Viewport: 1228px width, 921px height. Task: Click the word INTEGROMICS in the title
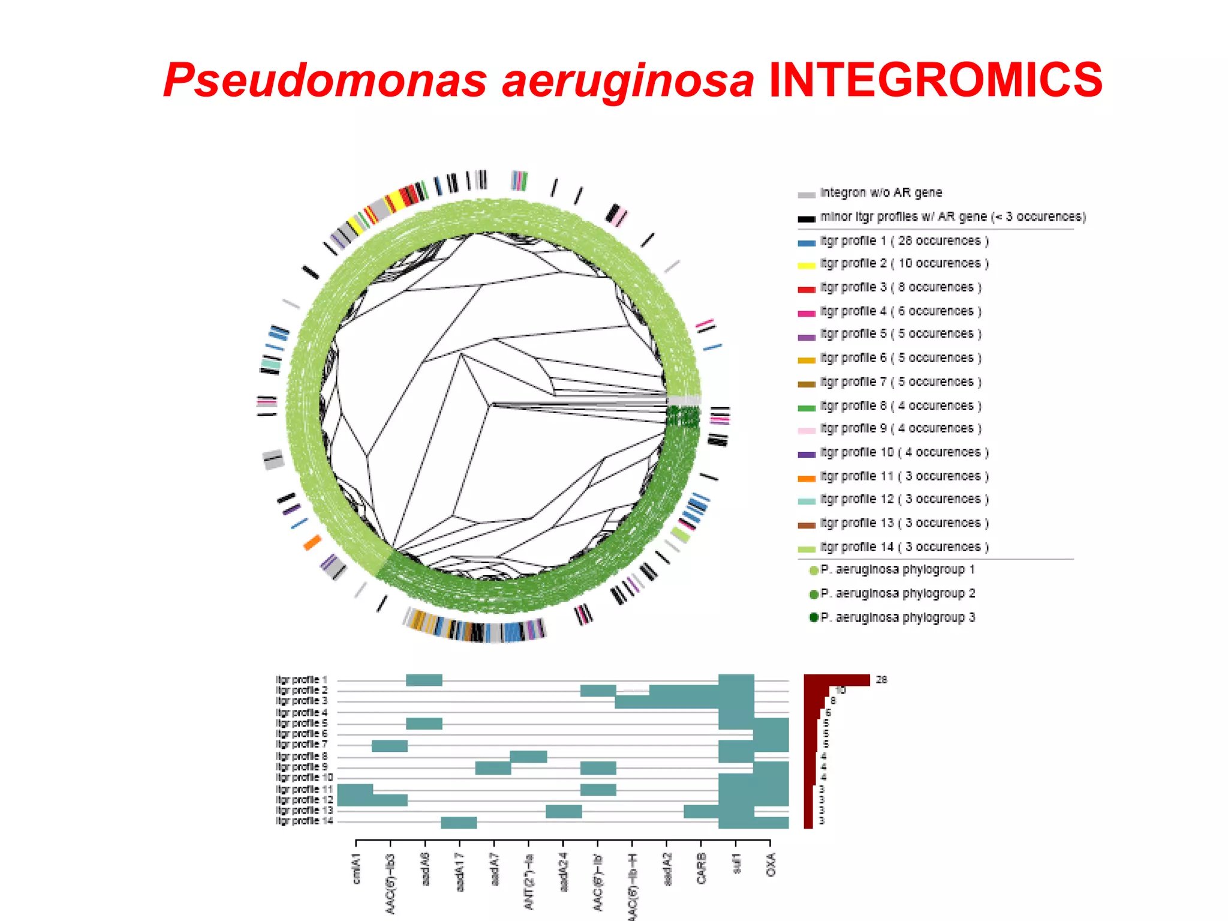[x=935, y=80]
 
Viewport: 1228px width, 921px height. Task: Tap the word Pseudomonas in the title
[x=324, y=81]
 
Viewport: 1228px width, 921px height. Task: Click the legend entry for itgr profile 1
[x=904, y=241]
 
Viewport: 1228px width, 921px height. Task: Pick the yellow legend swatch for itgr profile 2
[x=806, y=265]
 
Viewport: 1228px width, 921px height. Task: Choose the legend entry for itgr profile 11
[x=904, y=477]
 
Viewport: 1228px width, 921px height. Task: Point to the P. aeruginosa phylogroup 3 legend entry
[x=897, y=618]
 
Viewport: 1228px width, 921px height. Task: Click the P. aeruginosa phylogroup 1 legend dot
[x=814, y=570]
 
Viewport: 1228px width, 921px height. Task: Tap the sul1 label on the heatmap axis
[x=737, y=864]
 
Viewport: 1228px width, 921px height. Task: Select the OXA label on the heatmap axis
[x=771, y=865]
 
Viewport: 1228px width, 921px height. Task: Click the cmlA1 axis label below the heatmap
[x=357, y=869]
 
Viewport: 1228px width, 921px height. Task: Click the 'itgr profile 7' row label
[x=302, y=745]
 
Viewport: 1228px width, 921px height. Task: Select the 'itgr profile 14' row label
[x=304, y=821]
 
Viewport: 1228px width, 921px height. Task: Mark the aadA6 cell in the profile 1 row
[x=424, y=680]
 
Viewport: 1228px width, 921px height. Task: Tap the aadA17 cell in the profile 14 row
[x=459, y=823]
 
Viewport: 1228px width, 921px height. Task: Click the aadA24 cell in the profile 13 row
[x=564, y=811]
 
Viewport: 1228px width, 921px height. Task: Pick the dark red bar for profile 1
[x=836, y=680]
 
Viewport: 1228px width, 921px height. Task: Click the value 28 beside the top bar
[x=881, y=680]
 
